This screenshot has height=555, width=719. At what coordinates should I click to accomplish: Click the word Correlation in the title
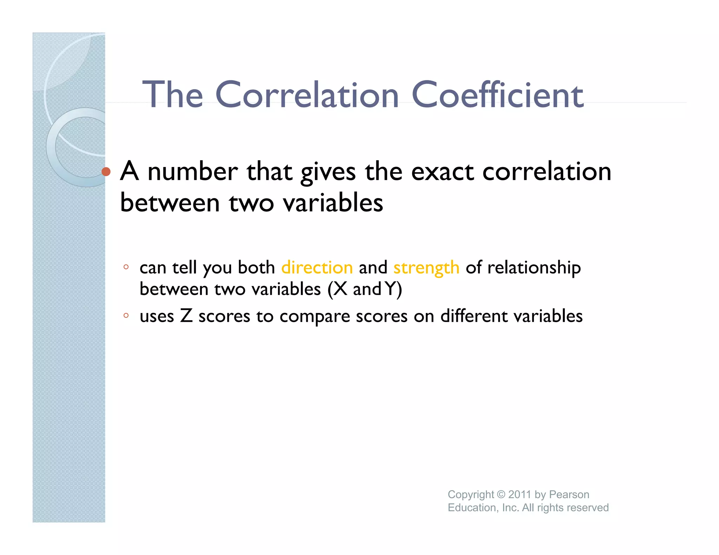(307, 95)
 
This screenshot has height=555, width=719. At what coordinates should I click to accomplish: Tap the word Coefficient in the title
(497, 95)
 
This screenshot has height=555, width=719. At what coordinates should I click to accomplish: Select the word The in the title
(172, 95)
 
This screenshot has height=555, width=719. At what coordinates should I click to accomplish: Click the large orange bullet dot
(106, 172)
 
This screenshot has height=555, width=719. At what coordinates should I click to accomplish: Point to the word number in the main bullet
(193, 172)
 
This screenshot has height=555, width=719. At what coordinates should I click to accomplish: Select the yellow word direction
(317, 268)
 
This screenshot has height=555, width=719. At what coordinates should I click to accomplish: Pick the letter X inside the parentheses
(340, 289)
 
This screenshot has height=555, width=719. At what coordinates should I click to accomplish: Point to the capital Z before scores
(186, 316)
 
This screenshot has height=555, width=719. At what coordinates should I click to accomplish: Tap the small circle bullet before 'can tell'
(126, 267)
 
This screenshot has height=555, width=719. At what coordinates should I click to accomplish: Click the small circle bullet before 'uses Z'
(126, 315)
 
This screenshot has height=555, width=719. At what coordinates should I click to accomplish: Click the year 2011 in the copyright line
(519, 494)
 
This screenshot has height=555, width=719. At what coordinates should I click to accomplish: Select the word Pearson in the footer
(569, 494)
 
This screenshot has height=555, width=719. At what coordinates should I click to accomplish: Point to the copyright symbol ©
(501, 494)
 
